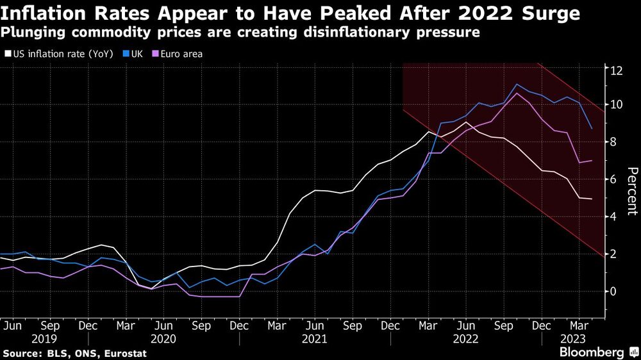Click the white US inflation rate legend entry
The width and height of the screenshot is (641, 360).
59,54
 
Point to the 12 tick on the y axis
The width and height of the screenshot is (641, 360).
616,70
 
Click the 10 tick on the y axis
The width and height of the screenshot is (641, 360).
616,104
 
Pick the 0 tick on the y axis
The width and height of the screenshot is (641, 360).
613,291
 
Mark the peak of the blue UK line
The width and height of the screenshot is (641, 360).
517,85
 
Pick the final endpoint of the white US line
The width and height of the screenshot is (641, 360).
591,199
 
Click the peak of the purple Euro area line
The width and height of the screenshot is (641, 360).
517,94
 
